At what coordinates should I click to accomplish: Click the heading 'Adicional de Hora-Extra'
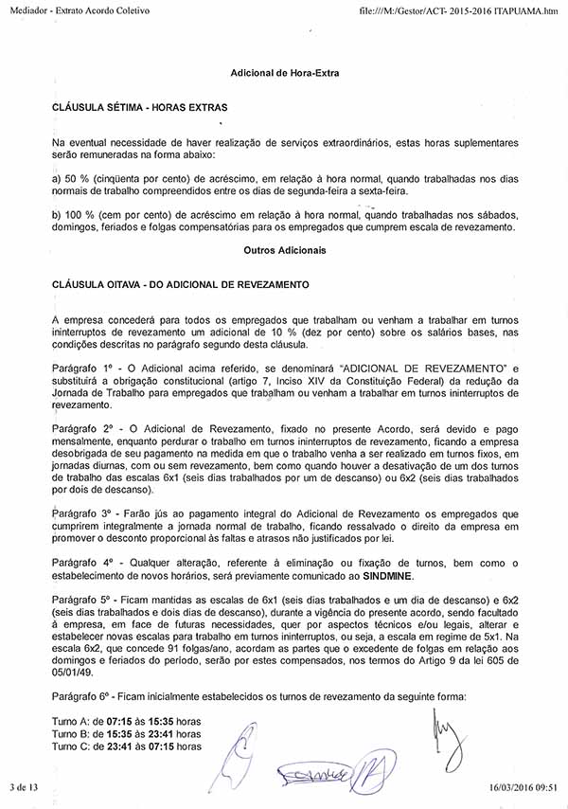tap(284, 73)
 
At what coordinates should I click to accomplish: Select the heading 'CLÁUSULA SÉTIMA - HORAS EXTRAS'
tap(139, 108)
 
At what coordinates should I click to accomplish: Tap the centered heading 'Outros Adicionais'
tap(284, 251)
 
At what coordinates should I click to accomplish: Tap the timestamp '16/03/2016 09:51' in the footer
tap(523, 786)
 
